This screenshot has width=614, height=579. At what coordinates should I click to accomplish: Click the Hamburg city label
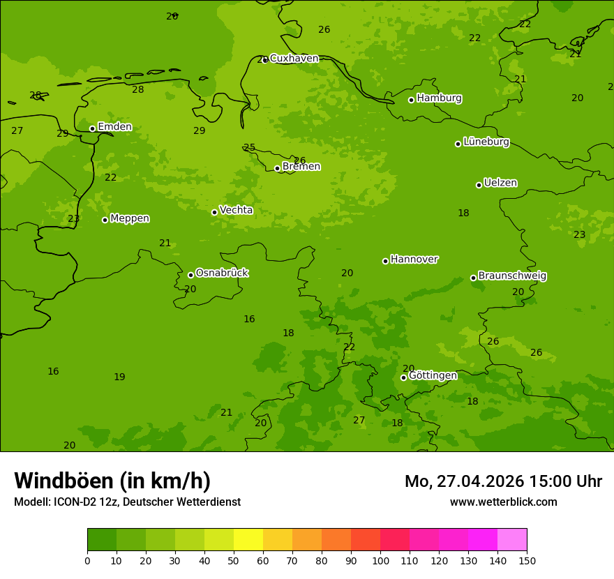tap(439, 98)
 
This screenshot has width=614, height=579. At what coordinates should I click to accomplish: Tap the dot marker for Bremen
tap(277, 168)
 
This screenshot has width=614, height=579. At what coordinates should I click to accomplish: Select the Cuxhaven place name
tap(294, 59)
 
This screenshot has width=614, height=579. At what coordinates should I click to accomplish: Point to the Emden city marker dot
tap(92, 128)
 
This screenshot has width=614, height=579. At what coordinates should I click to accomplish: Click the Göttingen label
tap(433, 376)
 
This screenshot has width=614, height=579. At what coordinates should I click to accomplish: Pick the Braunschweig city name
tap(512, 276)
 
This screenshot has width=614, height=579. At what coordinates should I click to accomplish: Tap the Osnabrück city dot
tap(190, 275)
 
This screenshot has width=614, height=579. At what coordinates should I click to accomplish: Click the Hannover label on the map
tap(414, 260)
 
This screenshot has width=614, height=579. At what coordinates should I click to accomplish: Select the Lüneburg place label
tap(486, 142)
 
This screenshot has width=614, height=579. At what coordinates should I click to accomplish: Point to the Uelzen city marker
tap(479, 185)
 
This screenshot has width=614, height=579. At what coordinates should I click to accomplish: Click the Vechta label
tap(236, 210)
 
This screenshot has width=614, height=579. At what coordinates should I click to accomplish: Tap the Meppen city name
tap(129, 218)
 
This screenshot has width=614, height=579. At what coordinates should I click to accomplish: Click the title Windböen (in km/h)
tap(112, 481)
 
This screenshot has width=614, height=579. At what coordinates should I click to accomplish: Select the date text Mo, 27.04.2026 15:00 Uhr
tap(503, 481)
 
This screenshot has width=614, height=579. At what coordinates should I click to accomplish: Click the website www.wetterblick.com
tap(503, 502)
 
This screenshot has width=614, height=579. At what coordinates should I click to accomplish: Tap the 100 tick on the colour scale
tap(380, 560)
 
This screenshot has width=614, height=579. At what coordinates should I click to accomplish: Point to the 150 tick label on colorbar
tap(527, 560)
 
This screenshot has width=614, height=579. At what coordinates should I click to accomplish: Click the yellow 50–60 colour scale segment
tap(248, 540)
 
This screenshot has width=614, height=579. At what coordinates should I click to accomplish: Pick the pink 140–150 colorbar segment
tap(512, 540)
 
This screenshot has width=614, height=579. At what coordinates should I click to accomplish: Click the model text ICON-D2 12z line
tap(127, 502)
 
